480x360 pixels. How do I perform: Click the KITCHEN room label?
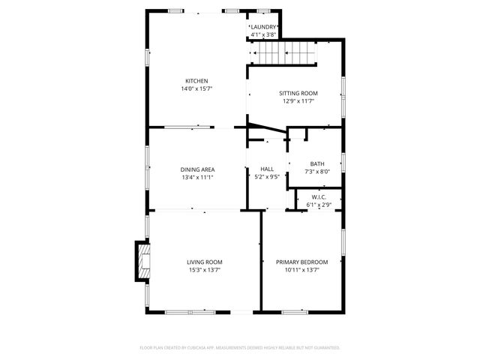coord(197,81)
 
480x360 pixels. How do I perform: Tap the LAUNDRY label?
coord(263,27)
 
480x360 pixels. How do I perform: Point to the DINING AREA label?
coord(197,169)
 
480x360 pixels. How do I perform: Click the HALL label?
coord(266,169)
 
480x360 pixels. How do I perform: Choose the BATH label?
coord(317,163)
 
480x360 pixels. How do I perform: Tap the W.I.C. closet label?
coord(319,198)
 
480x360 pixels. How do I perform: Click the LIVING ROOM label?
coord(205,262)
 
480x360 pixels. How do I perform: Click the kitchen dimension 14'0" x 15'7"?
coord(197,89)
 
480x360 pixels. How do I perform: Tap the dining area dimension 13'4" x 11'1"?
coord(197,178)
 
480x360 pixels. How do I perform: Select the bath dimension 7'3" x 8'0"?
coord(317,172)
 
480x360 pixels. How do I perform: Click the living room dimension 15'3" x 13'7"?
coord(205,270)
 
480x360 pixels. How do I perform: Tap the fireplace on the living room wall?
coord(142,261)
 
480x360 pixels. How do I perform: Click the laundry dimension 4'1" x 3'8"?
coord(263,34)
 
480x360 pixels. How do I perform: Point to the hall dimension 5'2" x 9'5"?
coord(266,178)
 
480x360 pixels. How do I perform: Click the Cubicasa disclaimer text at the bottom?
coord(240,348)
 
